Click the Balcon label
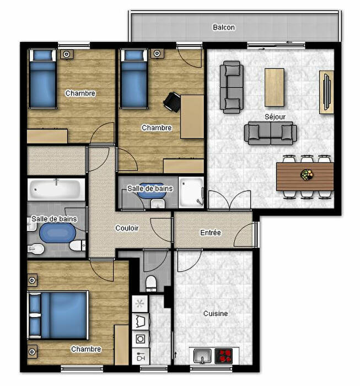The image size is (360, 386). [223, 27]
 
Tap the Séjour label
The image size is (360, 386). [275, 116]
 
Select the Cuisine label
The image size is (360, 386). [216, 313]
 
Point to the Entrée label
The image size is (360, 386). [211, 232]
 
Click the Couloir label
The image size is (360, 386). [127, 228]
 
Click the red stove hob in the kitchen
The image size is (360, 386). [223, 356]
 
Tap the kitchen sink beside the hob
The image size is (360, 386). [202, 356]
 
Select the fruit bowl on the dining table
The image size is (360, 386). [307, 175]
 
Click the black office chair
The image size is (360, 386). [172, 101]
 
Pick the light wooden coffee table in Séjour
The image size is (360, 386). [275, 87]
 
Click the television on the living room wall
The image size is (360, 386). [327, 92]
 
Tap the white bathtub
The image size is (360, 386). [56, 189]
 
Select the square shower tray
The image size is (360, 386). [191, 192]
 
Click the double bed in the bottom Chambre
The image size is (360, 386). [58, 315]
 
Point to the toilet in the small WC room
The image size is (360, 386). [151, 282]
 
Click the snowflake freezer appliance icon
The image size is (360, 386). [140, 303]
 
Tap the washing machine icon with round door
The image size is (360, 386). [141, 339]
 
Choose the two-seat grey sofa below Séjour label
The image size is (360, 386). [271, 133]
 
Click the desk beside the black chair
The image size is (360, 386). [192, 117]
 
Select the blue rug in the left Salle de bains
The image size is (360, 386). [57, 233]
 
